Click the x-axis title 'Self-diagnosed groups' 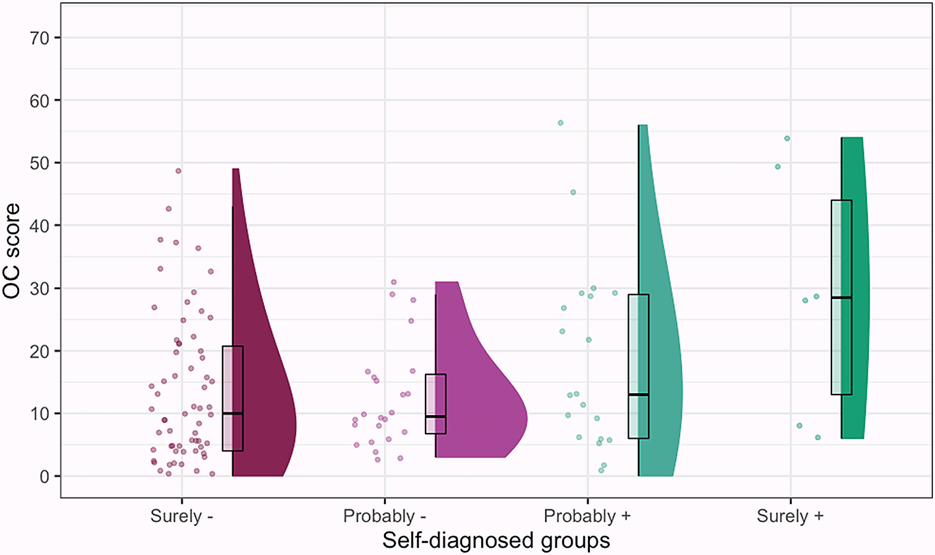pos(496,540)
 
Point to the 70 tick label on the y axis pos(40,38)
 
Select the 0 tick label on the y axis pos(45,476)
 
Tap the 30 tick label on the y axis pos(40,288)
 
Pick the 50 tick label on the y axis pos(40,163)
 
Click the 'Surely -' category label pos(181,515)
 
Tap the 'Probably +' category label pos(587,515)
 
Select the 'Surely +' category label pos(790,515)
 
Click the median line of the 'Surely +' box pos(841,298)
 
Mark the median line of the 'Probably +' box pos(638,395)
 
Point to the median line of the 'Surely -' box pos(232,413)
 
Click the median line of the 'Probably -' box pos(435,416)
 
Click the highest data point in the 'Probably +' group pos(560,123)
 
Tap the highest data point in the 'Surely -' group pos(178,171)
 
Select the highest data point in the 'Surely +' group pos(787,139)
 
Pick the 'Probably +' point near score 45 pos(573,192)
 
